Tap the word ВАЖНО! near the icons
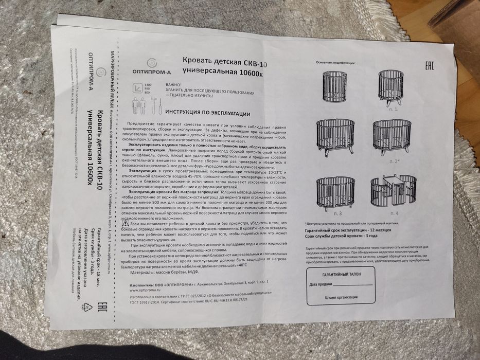tap(173, 84)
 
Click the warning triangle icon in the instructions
tap(125, 224)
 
